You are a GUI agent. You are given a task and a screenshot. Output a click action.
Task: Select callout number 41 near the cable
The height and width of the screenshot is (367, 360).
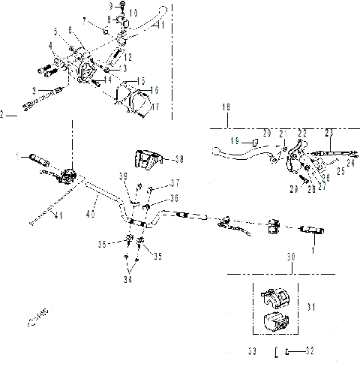58,217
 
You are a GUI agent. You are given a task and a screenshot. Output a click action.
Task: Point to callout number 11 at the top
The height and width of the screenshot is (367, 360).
160,25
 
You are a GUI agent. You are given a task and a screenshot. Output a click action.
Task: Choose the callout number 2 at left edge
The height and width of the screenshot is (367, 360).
3,115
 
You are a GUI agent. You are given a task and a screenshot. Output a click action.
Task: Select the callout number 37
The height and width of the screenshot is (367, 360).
175,182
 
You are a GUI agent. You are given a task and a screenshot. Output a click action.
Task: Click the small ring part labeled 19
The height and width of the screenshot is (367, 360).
253,140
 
